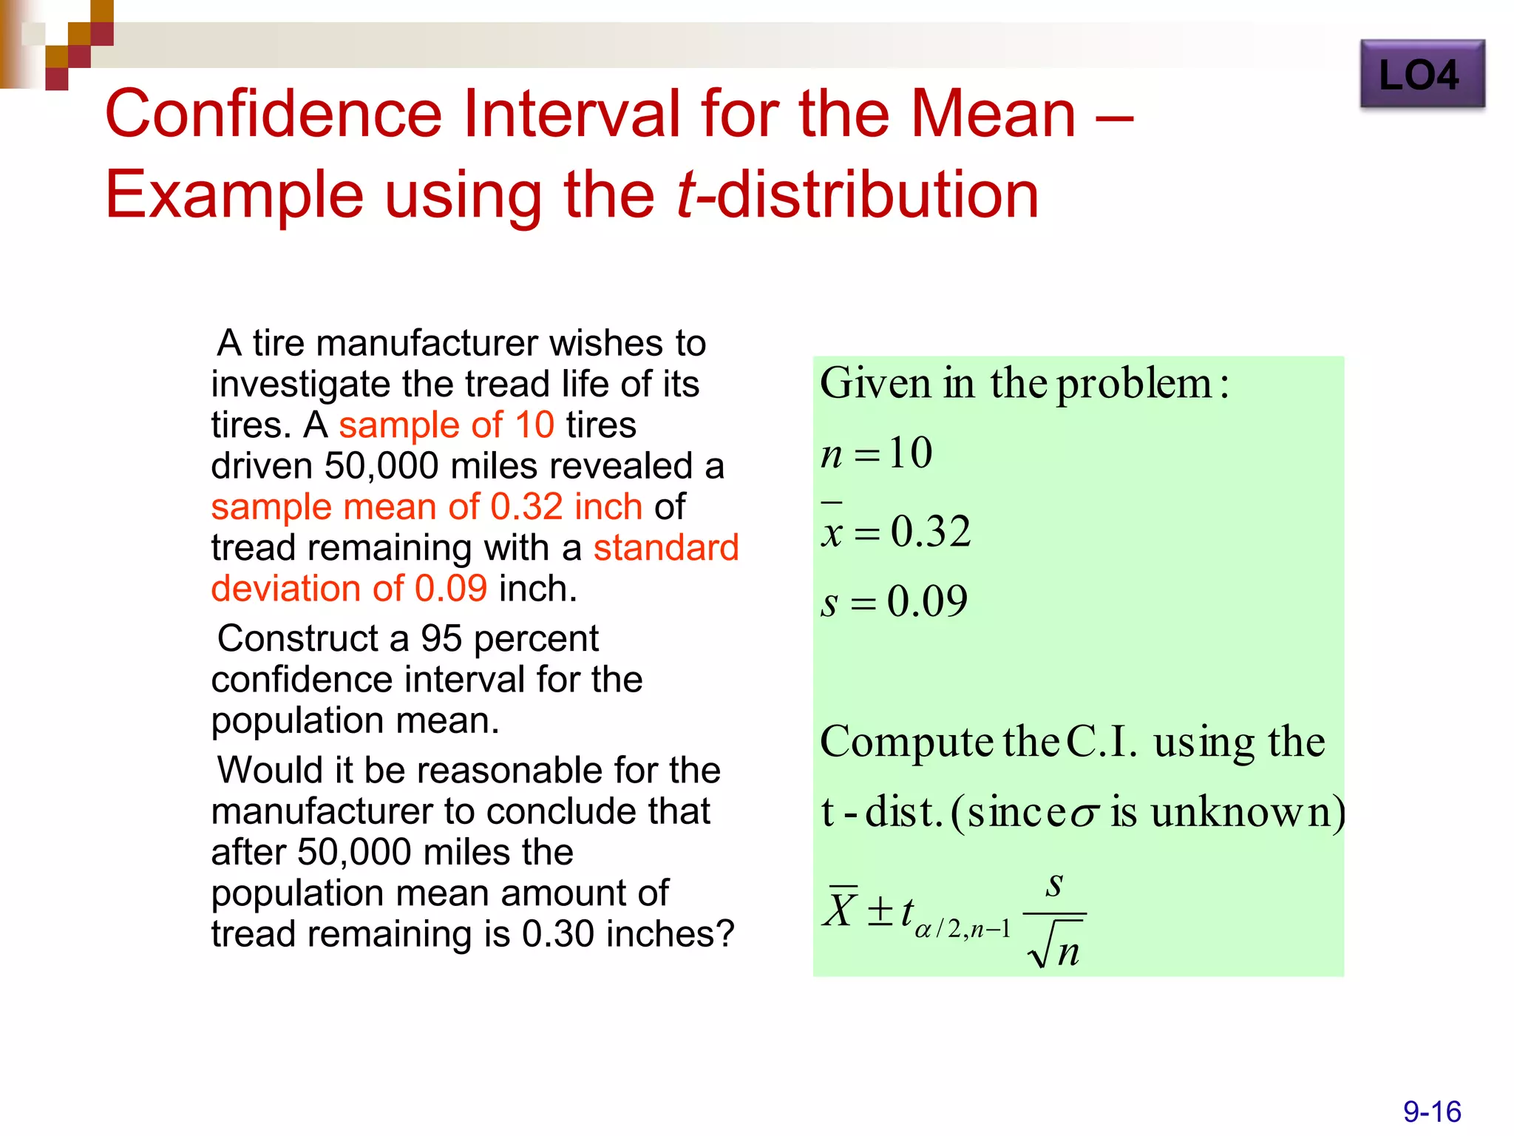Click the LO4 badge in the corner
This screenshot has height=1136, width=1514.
(1422, 75)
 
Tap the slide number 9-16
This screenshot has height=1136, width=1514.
(1432, 1112)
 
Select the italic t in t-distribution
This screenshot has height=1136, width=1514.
(685, 195)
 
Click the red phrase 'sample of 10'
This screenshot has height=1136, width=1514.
(447, 425)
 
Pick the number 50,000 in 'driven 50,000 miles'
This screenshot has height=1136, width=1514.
(382, 466)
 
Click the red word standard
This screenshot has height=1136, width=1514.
(666, 548)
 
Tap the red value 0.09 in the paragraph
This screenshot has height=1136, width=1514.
(451, 589)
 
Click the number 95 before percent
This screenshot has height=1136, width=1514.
(441, 638)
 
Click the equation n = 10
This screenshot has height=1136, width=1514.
(877, 453)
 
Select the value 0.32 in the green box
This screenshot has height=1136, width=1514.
(930, 532)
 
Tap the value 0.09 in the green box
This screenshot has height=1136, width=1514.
(927, 601)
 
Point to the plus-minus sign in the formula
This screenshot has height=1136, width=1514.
(880, 911)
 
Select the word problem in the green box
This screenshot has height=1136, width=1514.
(1134, 385)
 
